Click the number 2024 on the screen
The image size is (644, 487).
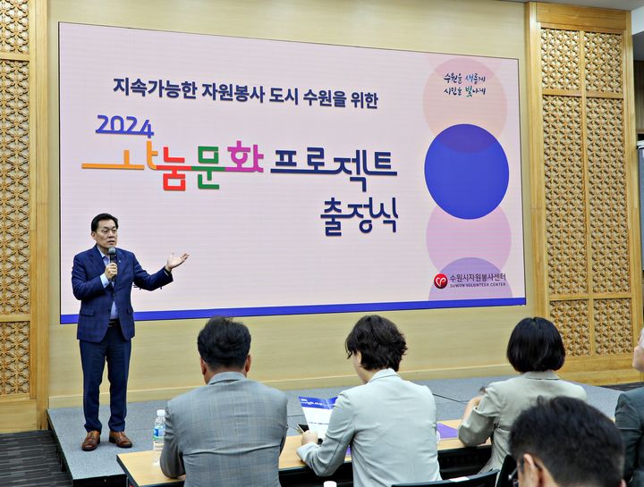124,126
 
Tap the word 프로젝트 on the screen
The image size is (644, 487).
333,167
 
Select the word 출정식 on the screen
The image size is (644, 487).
360,215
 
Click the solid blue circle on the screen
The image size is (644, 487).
466,172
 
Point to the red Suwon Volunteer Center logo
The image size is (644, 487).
440,281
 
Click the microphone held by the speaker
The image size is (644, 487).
113,258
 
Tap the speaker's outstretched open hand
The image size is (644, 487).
176,260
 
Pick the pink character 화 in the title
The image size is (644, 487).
244,159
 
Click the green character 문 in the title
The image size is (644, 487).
207,166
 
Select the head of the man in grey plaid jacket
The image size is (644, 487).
224,344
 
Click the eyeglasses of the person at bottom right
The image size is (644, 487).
517,468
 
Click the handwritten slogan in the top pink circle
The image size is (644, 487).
464,85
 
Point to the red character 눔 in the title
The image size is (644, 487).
174,168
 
